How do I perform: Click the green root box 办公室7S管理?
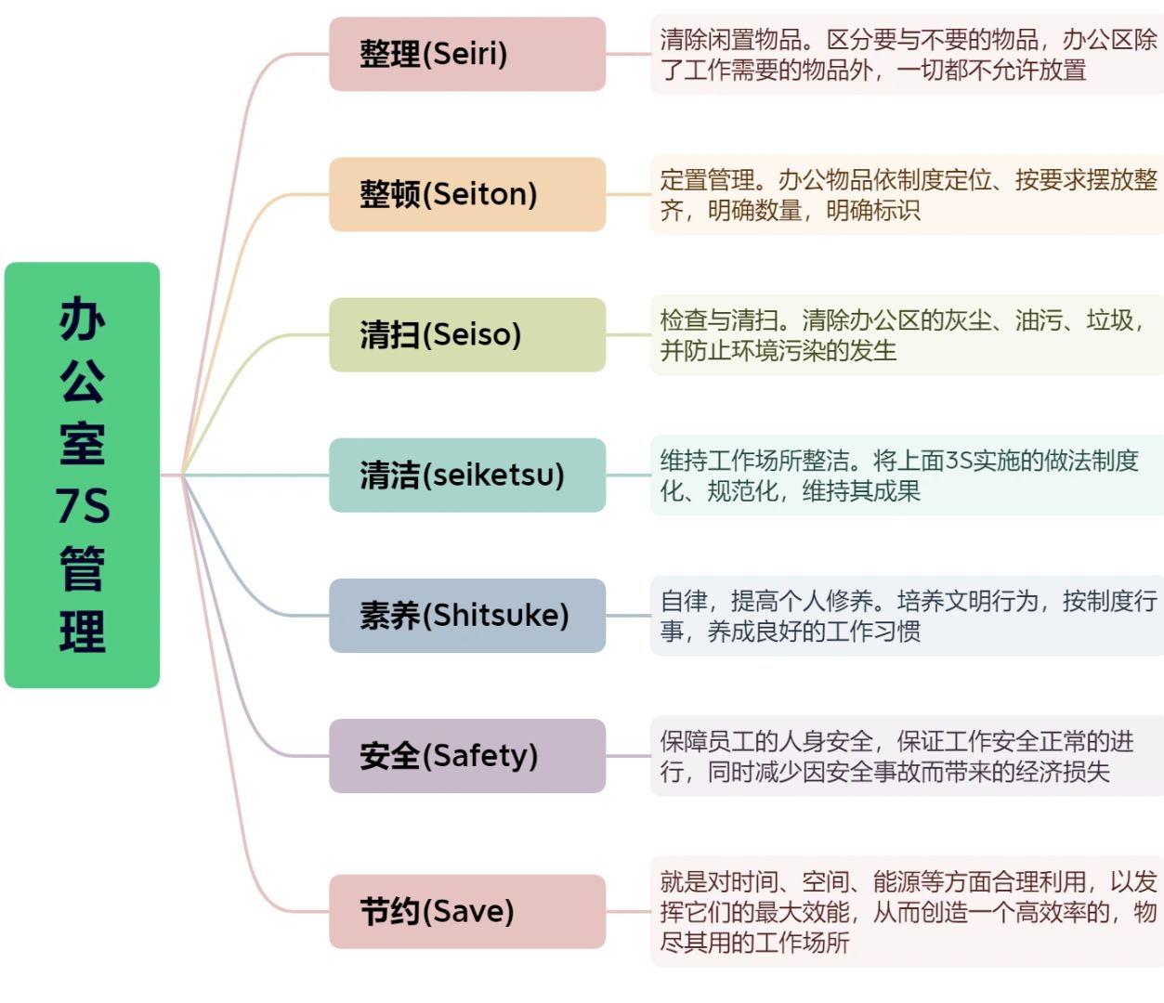pyautogui.click(x=82, y=475)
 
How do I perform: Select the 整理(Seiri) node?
pyautogui.click(x=466, y=54)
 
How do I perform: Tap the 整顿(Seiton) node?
pyautogui.click(x=466, y=194)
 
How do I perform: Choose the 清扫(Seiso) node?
pyautogui.click(x=466, y=334)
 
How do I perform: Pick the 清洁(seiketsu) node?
pyautogui.click(x=466, y=475)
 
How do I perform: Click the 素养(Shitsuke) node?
pyautogui.click(x=466, y=615)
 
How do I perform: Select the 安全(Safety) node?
pyautogui.click(x=466, y=755)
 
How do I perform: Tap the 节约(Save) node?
pyautogui.click(x=466, y=911)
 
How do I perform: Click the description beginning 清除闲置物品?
pyautogui.click(x=907, y=54)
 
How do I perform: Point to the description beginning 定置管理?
pyautogui.click(x=907, y=194)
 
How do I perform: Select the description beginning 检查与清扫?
pyautogui.click(x=907, y=334)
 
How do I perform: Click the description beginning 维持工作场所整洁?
pyautogui.click(x=907, y=475)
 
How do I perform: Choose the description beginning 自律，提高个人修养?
pyautogui.click(x=907, y=615)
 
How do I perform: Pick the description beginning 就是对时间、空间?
pyautogui.click(x=907, y=911)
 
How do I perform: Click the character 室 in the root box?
pyautogui.click(x=82, y=443)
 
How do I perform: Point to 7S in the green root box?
pyautogui.click(x=82, y=506)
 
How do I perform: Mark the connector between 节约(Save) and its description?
pyautogui.click(x=628, y=911)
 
